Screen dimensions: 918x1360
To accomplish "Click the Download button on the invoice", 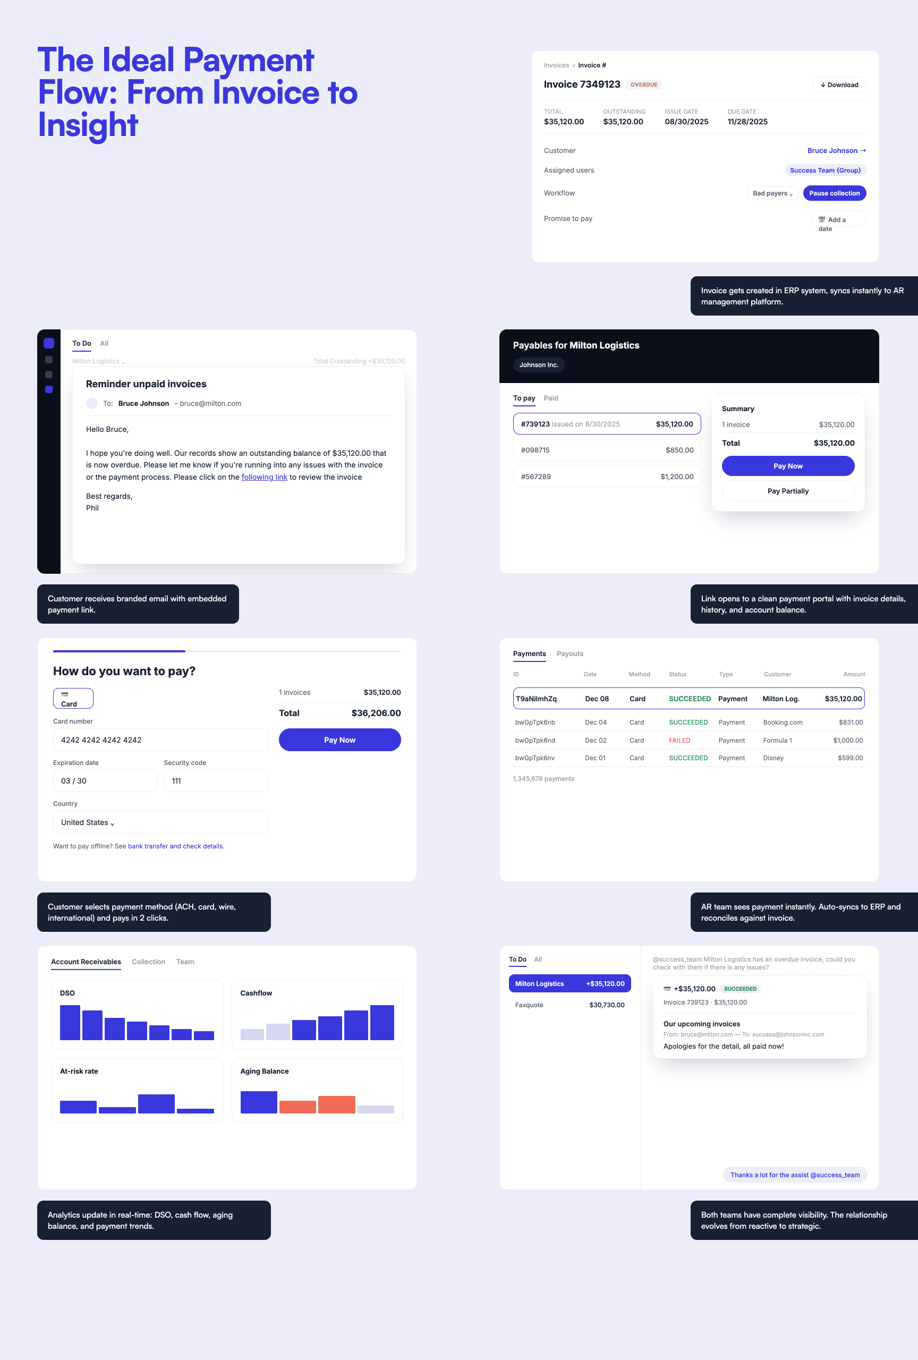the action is click(x=838, y=85).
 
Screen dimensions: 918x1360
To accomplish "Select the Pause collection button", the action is click(x=835, y=193).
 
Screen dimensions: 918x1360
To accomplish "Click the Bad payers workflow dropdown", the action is click(x=772, y=193).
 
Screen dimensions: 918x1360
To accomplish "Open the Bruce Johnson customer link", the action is click(x=836, y=150).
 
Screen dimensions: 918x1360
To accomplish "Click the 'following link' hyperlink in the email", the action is click(x=265, y=477).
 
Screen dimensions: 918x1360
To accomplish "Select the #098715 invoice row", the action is click(x=607, y=450).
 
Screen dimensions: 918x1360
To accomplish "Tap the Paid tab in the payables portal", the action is click(x=550, y=398).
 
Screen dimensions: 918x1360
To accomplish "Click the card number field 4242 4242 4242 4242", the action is click(x=160, y=739).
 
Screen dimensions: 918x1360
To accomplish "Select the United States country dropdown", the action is click(x=160, y=822).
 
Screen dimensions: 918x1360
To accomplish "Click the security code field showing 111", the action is click(x=216, y=780).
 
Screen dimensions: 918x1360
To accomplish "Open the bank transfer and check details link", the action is click(x=175, y=846).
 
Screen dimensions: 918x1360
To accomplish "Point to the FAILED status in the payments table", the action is click(x=679, y=740).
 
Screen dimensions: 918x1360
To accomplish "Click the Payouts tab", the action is click(x=570, y=653).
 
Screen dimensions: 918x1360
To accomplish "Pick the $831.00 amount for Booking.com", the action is click(x=851, y=722).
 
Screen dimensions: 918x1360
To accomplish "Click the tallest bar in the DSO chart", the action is click(x=70, y=1022).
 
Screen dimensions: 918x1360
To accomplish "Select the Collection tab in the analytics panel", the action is click(x=149, y=962).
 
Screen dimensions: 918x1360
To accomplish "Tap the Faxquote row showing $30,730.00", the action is click(x=570, y=1005).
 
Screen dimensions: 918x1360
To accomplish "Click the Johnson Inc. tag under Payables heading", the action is click(x=539, y=364).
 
